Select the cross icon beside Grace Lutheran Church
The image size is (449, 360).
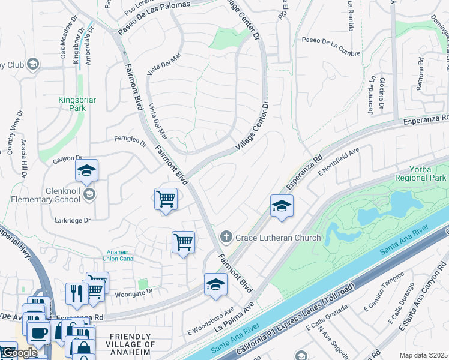click(226, 238)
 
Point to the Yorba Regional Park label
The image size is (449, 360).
click(420, 174)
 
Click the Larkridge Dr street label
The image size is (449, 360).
click(70, 220)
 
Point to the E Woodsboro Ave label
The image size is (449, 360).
click(209, 321)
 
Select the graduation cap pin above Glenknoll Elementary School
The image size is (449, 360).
click(86, 171)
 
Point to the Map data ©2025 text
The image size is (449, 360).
click(423, 355)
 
